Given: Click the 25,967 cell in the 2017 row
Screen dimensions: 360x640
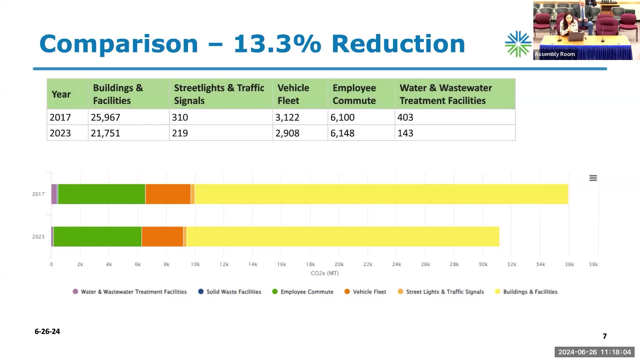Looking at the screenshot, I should coord(105,117).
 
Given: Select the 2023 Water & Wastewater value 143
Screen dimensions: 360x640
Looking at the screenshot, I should coord(405,133).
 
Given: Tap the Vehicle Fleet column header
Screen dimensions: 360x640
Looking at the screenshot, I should coord(293,94).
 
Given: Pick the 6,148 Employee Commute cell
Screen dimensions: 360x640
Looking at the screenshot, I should coord(342,133).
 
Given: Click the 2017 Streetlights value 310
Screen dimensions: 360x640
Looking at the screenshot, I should coord(180,117).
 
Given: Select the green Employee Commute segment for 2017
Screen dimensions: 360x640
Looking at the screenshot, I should coord(102,194).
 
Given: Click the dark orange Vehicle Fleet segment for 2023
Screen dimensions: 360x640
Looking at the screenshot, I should coord(162,237).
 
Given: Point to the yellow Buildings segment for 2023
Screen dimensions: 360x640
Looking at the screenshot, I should coord(343,237).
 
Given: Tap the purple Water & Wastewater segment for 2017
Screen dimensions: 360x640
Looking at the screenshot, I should coord(54,194).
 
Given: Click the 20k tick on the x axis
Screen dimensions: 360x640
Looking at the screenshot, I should coord(339,264).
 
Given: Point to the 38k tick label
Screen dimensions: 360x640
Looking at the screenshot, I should coord(593,264).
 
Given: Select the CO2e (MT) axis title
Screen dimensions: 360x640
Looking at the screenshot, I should coord(324,273).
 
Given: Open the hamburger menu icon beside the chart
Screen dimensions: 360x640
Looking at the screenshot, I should coord(593,178).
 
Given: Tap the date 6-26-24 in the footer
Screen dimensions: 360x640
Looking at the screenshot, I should coord(47,331).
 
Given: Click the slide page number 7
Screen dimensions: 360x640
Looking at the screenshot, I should coord(605,336).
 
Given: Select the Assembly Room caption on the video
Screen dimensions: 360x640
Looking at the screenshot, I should coord(555,54).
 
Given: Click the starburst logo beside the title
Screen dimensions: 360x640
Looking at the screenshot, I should coord(518,44).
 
